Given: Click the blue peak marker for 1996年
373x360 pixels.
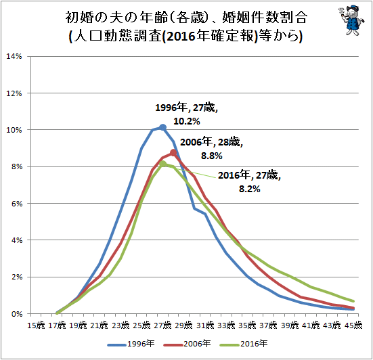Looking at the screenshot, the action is (x=162, y=127).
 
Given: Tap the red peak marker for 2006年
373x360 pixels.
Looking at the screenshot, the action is (x=173, y=153).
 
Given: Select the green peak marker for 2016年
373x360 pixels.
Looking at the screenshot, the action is (x=162, y=164).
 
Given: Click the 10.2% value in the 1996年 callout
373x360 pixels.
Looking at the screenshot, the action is (x=187, y=122).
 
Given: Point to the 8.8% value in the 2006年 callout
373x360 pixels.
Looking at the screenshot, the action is (x=211, y=156).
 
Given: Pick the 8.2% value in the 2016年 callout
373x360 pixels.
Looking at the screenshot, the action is (x=250, y=189).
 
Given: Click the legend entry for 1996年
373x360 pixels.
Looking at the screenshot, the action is (x=131, y=344).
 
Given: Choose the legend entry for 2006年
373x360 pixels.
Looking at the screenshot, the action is (x=188, y=344).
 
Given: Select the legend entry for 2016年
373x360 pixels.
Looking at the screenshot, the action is (x=244, y=344).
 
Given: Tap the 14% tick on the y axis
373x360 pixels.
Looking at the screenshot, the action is (x=14, y=56).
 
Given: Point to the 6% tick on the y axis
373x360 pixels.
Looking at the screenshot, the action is (x=17, y=204).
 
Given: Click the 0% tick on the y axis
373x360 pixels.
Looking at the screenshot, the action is (x=17, y=314).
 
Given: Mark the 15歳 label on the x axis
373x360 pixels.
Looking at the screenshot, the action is (x=36, y=325).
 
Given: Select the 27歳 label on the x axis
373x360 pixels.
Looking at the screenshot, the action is (x=162, y=325).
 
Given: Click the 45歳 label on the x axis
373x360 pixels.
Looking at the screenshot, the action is (x=353, y=325).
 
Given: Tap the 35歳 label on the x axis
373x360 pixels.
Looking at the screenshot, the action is (x=247, y=325).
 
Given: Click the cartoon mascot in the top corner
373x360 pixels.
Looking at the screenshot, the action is (x=351, y=20).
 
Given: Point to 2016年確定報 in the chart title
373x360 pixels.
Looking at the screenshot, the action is (x=211, y=36).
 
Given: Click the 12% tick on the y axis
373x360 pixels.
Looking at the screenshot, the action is (x=14, y=93).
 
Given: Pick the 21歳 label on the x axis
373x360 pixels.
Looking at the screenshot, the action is (x=100, y=325).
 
